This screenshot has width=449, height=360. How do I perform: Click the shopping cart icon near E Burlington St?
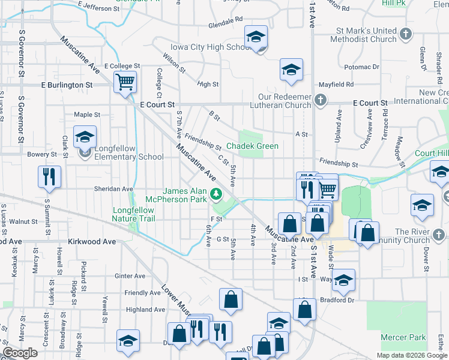[x=125, y=82]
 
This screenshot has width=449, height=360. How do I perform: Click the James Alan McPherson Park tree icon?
[x=216, y=194]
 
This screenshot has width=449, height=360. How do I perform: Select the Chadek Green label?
[x=252, y=146]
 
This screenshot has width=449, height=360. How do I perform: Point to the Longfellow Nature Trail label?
[x=133, y=214]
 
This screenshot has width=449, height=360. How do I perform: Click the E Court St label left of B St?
[x=157, y=104]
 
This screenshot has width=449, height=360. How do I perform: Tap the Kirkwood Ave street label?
[x=90, y=241]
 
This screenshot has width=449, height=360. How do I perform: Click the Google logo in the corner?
[x=20, y=353]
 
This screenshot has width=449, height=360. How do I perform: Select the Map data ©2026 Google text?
[x=411, y=355]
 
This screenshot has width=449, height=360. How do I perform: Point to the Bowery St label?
[x=41, y=154]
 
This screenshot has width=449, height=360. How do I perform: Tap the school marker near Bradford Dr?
[x=343, y=279]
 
